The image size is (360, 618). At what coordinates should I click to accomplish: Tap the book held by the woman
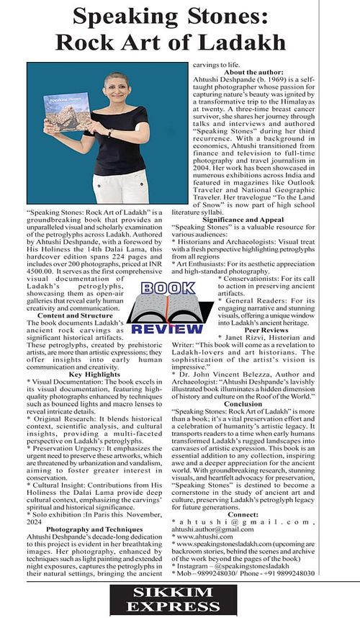coord(67,117)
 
